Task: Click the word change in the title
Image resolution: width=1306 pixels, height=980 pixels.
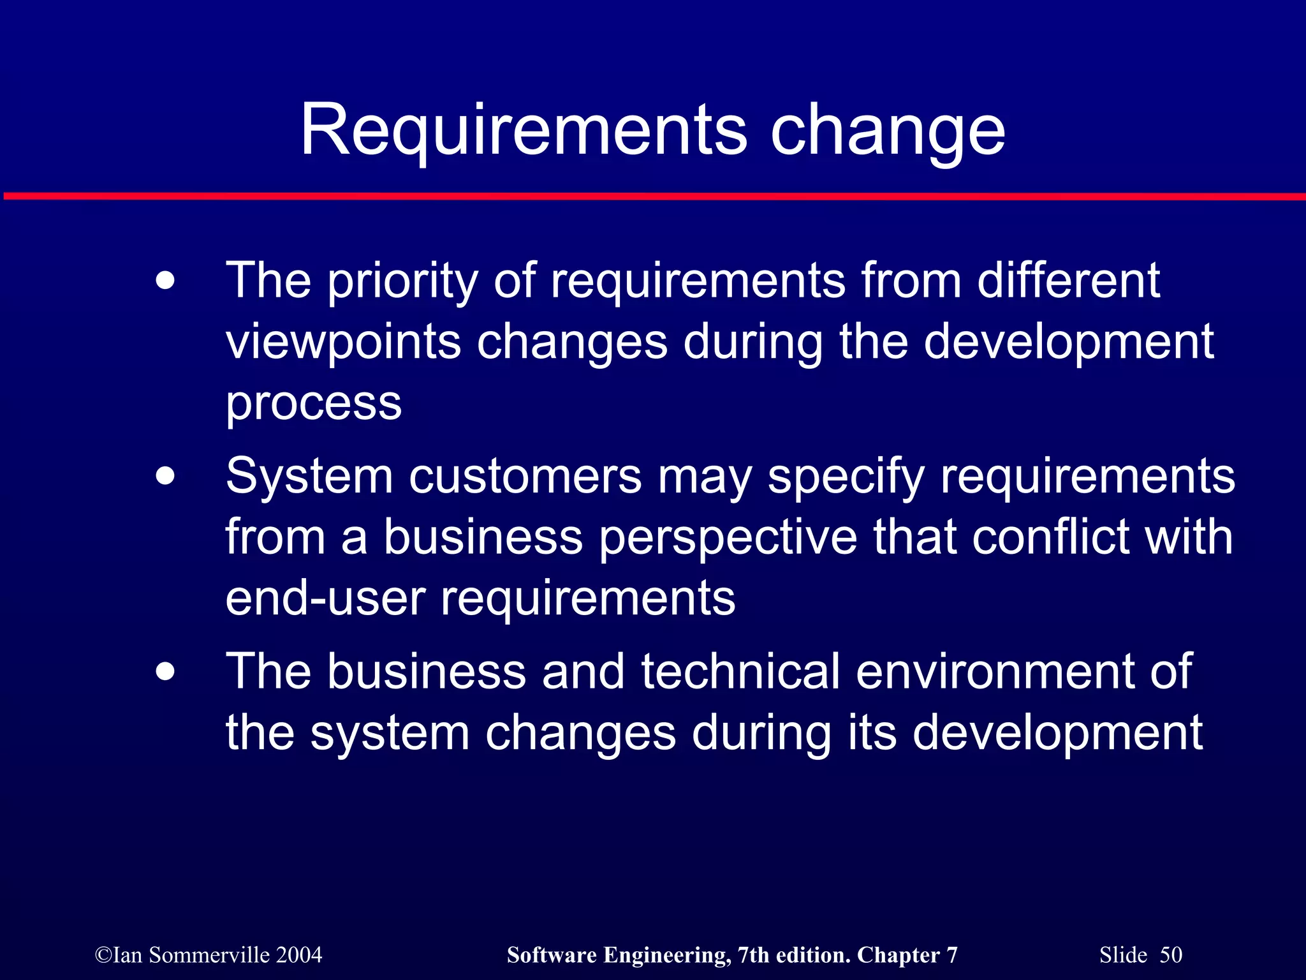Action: point(888,131)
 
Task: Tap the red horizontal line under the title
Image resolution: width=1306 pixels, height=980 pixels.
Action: point(653,197)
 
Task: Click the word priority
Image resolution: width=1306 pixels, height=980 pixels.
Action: point(402,281)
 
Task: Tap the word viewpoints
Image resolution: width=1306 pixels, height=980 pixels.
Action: point(344,343)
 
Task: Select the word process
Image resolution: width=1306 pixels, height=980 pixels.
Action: point(314,404)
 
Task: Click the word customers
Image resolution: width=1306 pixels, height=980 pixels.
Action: point(525,477)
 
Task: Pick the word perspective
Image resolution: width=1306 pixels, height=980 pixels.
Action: point(728,538)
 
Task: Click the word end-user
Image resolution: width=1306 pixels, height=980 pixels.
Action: point(325,598)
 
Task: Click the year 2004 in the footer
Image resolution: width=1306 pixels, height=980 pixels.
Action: point(299,955)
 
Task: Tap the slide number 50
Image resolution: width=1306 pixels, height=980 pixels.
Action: point(1171,955)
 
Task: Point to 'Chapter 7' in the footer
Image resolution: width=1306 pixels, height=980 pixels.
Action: point(907,955)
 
